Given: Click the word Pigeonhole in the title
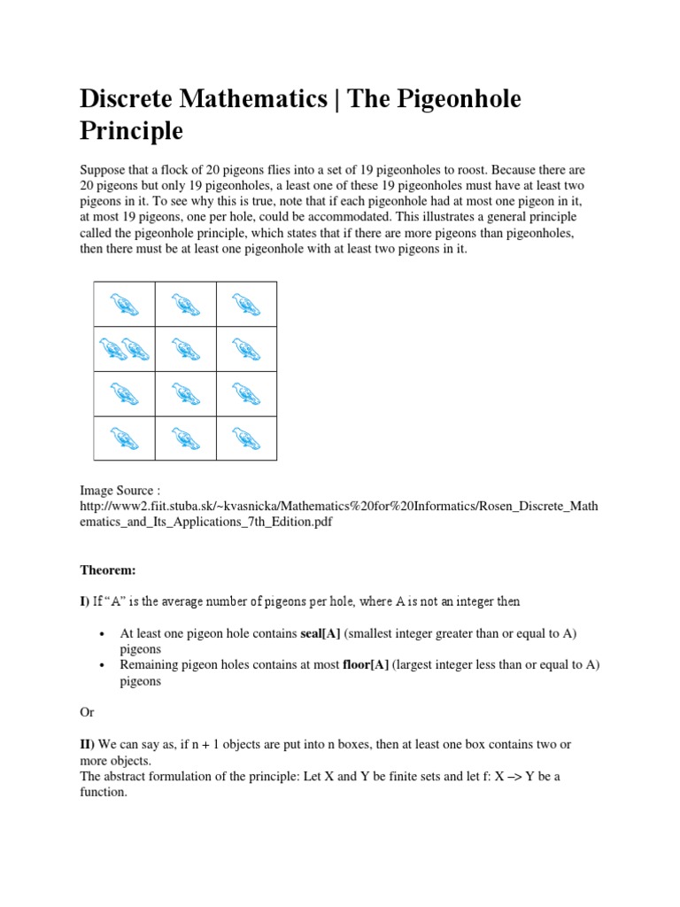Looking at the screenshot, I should click(452, 99).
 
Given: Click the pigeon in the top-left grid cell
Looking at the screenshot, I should click(125, 305).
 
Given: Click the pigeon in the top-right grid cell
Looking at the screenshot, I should click(245, 305).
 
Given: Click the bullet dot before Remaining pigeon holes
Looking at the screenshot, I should click(104, 666).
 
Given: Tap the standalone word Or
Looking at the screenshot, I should click(87, 712).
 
